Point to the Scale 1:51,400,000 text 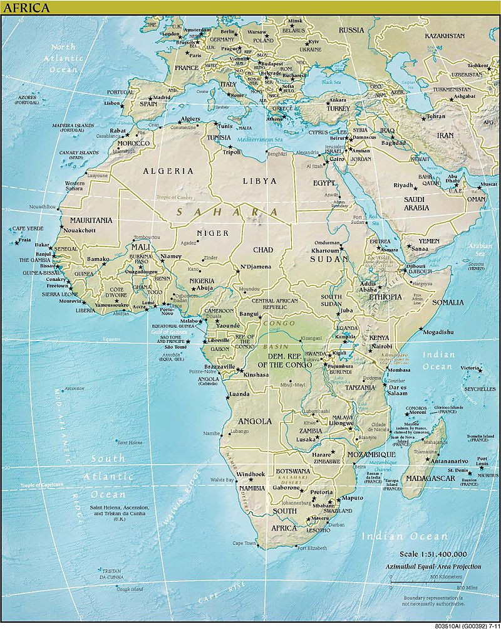(x=433, y=554)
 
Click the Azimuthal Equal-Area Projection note (x=433, y=564)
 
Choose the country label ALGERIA (x=168, y=171)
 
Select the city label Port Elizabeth (x=312, y=549)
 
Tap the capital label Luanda (x=240, y=394)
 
